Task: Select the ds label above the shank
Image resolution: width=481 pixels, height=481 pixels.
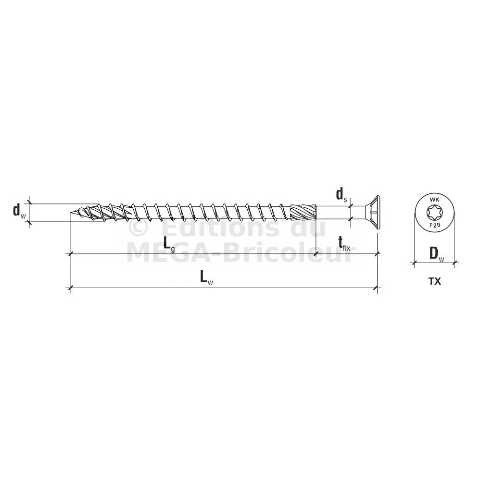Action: [342, 195]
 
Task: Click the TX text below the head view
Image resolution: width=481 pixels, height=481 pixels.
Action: [435, 281]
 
